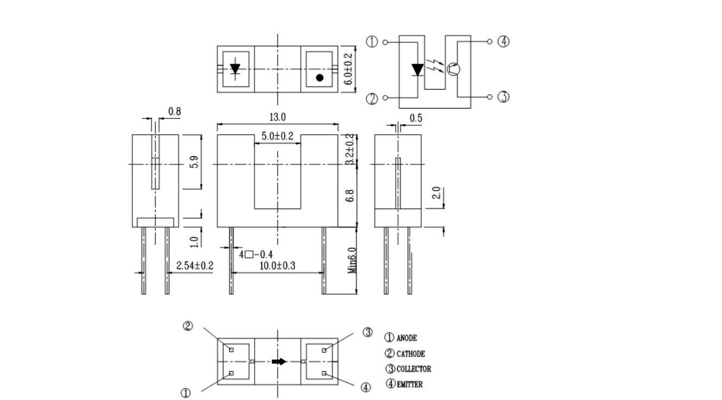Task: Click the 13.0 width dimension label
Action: tap(277, 117)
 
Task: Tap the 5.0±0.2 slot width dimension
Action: tap(277, 136)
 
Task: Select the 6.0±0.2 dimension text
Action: tap(349, 69)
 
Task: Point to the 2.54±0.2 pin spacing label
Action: tap(195, 265)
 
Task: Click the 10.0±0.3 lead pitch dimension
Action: tap(277, 265)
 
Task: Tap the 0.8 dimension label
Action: tap(174, 112)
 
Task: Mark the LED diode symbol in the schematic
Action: tap(417, 70)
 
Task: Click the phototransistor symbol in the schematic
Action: tap(453, 69)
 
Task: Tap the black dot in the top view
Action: tap(320, 78)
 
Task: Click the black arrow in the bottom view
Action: tap(280, 361)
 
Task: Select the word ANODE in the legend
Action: tap(407, 338)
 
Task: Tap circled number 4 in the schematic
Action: tap(503, 42)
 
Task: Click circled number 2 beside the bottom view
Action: tap(187, 326)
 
